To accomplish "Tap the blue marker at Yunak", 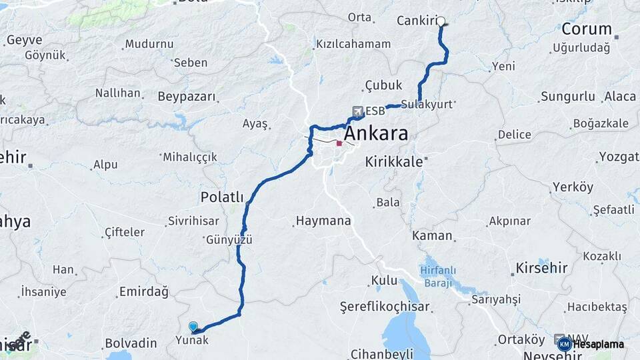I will [x=193, y=326].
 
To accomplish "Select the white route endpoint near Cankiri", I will [x=441, y=21].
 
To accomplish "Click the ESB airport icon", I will [x=359, y=111].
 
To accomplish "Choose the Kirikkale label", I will [x=394, y=162].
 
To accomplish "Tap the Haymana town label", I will [x=323, y=220].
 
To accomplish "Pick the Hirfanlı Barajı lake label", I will [x=440, y=277].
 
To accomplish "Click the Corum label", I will [x=587, y=29].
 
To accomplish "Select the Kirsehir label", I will [x=541, y=268].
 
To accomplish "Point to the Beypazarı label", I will [x=187, y=97].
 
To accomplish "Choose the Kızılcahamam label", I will [x=353, y=44].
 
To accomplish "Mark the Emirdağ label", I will [x=143, y=291].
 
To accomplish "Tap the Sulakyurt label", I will [x=431, y=105].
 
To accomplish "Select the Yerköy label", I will [x=573, y=187].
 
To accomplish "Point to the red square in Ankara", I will [x=339, y=143].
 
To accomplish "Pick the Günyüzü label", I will [x=229, y=240].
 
